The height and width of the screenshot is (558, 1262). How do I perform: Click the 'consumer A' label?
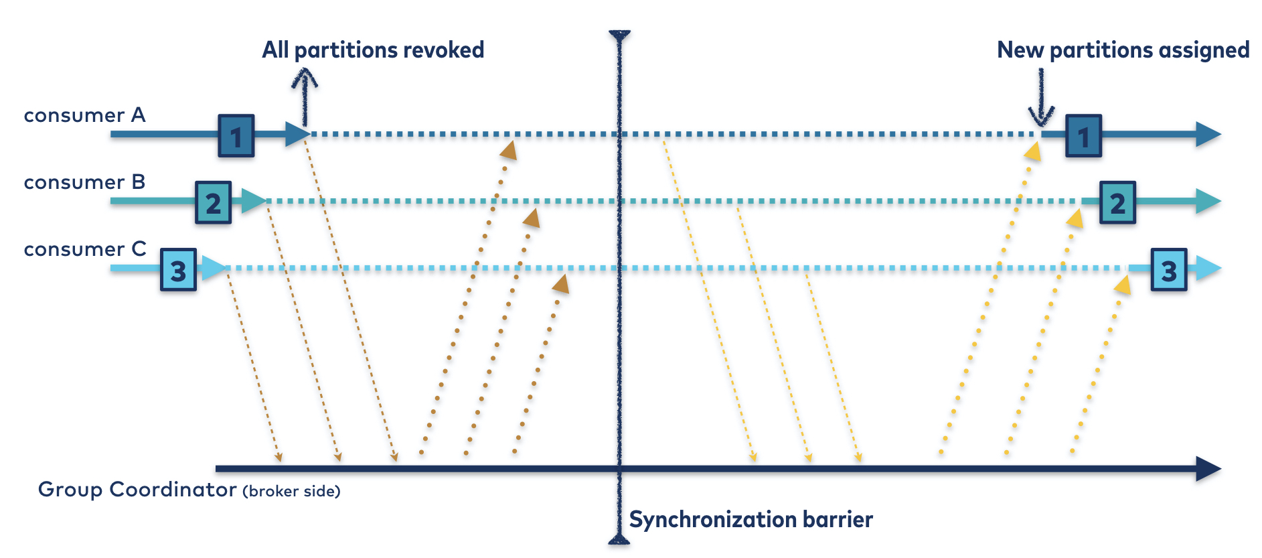coord(84,116)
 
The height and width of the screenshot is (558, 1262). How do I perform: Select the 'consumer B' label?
coord(84,183)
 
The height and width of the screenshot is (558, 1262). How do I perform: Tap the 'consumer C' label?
coord(85,250)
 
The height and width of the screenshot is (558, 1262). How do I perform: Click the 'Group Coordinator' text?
coord(137,490)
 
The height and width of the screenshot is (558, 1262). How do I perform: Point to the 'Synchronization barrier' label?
coord(751,520)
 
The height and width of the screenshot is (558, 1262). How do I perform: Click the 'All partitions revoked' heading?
coord(373,50)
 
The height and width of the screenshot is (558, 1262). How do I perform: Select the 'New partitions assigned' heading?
coord(1123,50)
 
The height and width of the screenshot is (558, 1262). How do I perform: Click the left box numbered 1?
coord(236,136)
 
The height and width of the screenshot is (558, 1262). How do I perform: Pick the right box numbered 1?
coord(1083,136)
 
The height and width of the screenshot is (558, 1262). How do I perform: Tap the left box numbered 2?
coord(214,202)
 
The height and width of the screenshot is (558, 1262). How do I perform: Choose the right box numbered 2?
coord(1117,202)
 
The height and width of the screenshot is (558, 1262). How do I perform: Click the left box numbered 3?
coord(178,270)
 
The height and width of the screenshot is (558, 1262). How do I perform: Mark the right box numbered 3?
coord(1168,270)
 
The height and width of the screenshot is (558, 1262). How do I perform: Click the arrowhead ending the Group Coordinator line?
coord(1208,469)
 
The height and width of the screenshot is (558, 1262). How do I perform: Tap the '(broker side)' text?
coord(291,492)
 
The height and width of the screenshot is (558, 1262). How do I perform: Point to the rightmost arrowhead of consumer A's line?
coord(1208,134)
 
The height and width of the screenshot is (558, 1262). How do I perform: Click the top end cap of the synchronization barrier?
coord(619,35)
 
